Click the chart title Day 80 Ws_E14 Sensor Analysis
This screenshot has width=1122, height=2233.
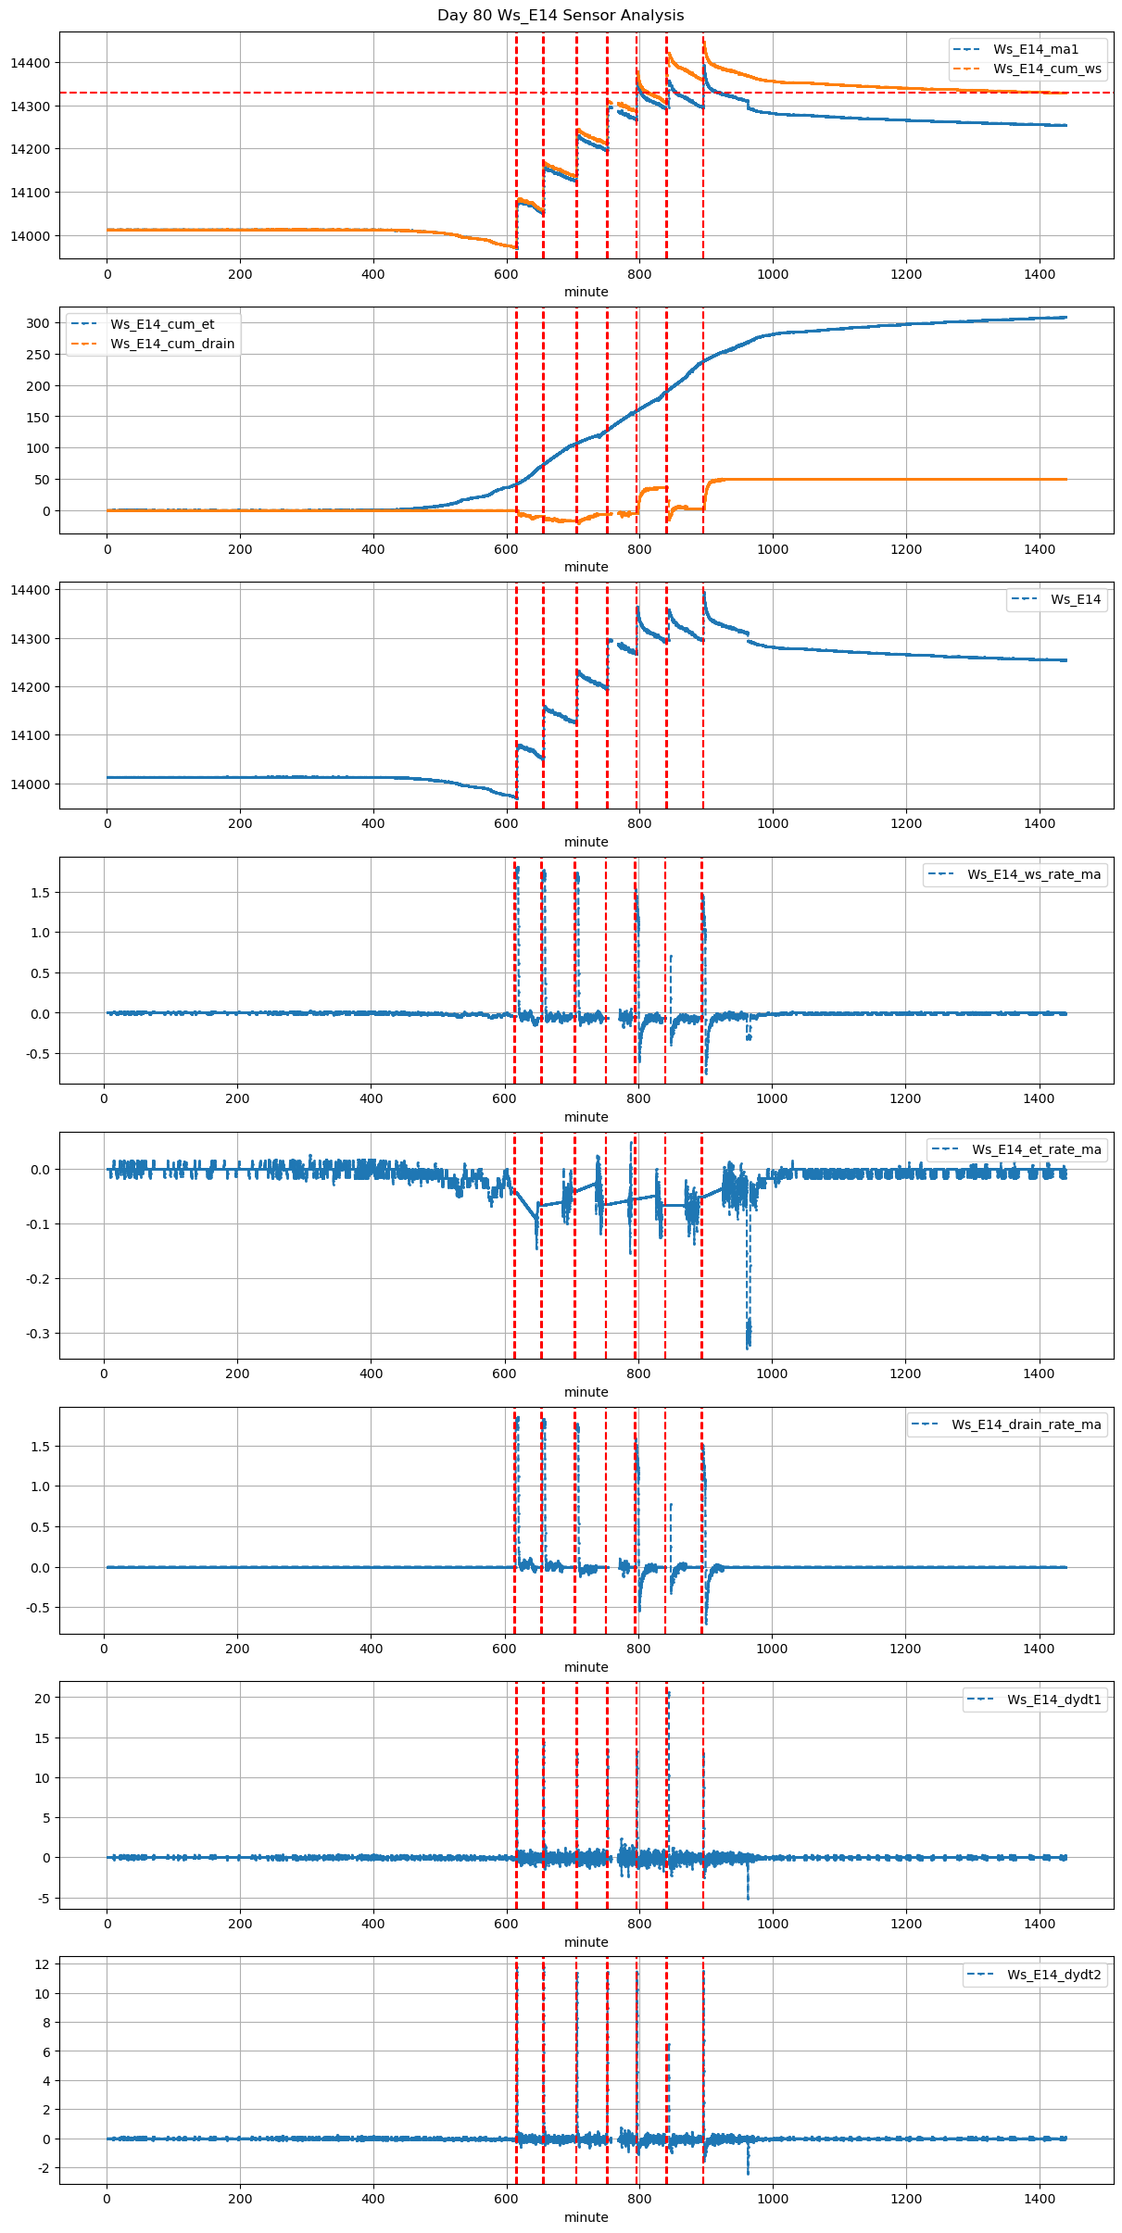pyautogui.click(x=561, y=15)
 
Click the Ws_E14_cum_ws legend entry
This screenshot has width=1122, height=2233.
pyautogui.click(x=1047, y=69)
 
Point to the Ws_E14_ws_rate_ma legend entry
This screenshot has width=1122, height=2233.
pyautogui.click(x=1034, y=874)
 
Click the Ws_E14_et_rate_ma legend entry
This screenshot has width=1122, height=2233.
pyautogui.click(x=1036, y=1149)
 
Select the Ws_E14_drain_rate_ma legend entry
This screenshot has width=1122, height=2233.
pyautogui.click(x=1026, y=1424)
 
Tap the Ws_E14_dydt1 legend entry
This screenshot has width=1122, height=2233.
pyautogui.click(x=1053, y=1700)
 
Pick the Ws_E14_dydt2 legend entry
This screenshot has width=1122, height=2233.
pyautogui.click(x=1053, y=1975)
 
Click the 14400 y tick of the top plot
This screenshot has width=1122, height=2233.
pyautogui.click(x=32, y=63)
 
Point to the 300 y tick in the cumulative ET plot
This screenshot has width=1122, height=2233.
pyautogui.click(x=38, y=323)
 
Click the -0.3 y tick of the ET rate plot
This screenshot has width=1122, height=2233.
pyautogui.click(x=38, y=1334)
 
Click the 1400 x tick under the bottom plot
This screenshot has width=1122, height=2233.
pyautogui.click(x=1040, y=2199)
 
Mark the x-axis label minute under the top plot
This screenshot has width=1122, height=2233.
pyautogui.click(x=586, y=292)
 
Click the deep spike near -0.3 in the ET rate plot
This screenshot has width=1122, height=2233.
pyautogui.click(x=749, y=1334)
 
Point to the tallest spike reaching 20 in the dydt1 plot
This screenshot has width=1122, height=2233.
pyautogui.click(x=668, y=1694)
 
